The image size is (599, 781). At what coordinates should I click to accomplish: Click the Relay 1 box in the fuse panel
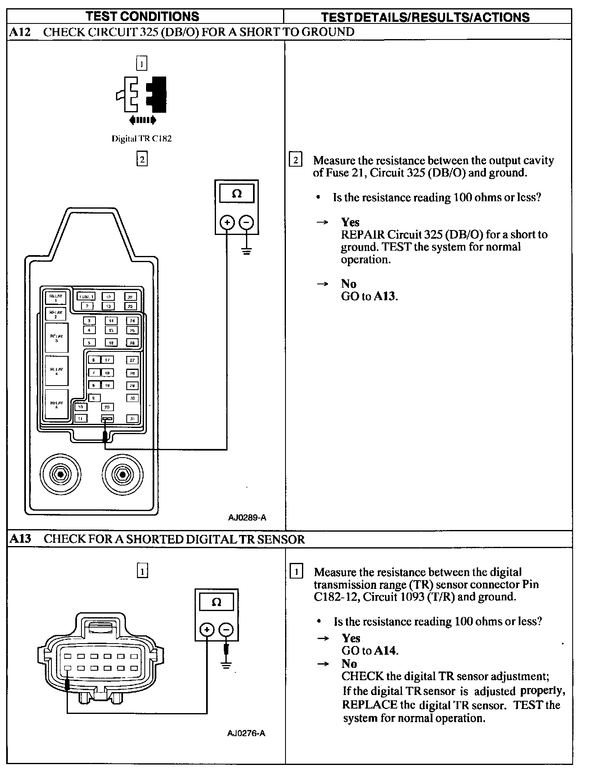click(x=56, y=298)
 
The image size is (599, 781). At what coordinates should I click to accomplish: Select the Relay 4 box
click(x=56, y=371)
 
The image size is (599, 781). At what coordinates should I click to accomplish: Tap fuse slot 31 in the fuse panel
click(x=132, y=418)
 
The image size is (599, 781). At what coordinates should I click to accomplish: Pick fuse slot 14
click(x=111, y=321)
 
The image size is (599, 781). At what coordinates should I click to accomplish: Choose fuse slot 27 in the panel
click(x=132, y=360)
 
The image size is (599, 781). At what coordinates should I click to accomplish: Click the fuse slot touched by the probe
click(x=107, y=418)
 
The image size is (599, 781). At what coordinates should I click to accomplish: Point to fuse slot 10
click(x=81, y=407)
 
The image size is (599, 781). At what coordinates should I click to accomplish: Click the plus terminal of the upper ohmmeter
click(x=227, y=223)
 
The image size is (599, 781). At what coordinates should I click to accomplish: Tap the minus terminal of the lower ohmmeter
click(x=226, y=630)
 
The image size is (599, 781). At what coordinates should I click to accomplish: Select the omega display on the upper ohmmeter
click(x=237, y=193)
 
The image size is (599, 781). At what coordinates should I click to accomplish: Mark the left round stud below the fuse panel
click(x=60, y=474)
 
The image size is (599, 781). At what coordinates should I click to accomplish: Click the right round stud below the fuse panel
click(x=122, y=474)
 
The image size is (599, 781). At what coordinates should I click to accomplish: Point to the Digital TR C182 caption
click(x=142, y=139)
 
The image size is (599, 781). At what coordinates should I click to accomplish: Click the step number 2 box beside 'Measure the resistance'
click(x=296, y=160)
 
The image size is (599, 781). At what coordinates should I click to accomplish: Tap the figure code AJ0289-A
click(x=247, y=518)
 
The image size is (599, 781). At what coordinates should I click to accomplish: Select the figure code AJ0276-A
click(x=246, y=733)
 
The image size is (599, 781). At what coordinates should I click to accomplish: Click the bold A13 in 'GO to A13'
click(x=385, y=296)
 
